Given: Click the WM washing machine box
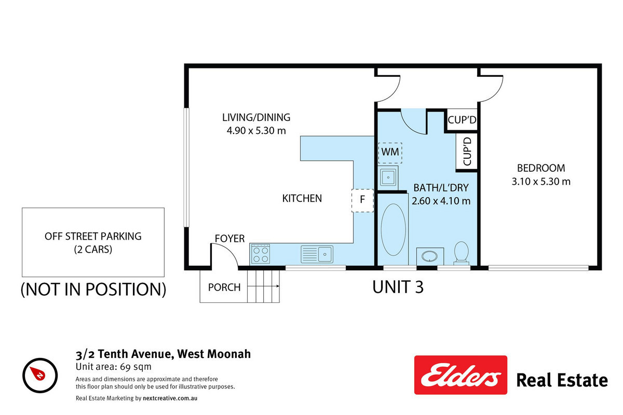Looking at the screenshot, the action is [x=390, y=153].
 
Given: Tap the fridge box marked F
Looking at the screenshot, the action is [x=363, y=200].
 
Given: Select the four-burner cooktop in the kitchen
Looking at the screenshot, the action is [x=261, y=254].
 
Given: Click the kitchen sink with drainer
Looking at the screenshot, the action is [x=317, y=254].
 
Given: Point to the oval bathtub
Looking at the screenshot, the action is [x=394, y=230].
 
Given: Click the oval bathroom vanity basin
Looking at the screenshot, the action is [x=429, y=256].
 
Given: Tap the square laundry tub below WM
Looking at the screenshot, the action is [x=388, y=177].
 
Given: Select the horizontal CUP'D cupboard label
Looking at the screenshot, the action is [x=462, y=120].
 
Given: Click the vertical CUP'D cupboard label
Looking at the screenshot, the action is [x=467, y=151].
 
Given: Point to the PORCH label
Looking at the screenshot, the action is [x=224, y=287].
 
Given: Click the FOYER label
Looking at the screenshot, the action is [x=229, y=239].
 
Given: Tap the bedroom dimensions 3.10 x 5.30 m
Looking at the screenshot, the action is [x=541, y=182].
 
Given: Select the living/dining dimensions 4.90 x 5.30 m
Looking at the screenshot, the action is [x=256, y=131].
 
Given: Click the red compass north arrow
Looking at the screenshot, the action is [x=38, y=374].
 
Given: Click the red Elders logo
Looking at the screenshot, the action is [x=461, y=375].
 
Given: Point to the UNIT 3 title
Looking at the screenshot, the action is [x=398, y=287].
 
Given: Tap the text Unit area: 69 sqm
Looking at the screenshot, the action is [x=114, y=367].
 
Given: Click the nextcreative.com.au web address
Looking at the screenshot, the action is [x=170, y=398].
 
